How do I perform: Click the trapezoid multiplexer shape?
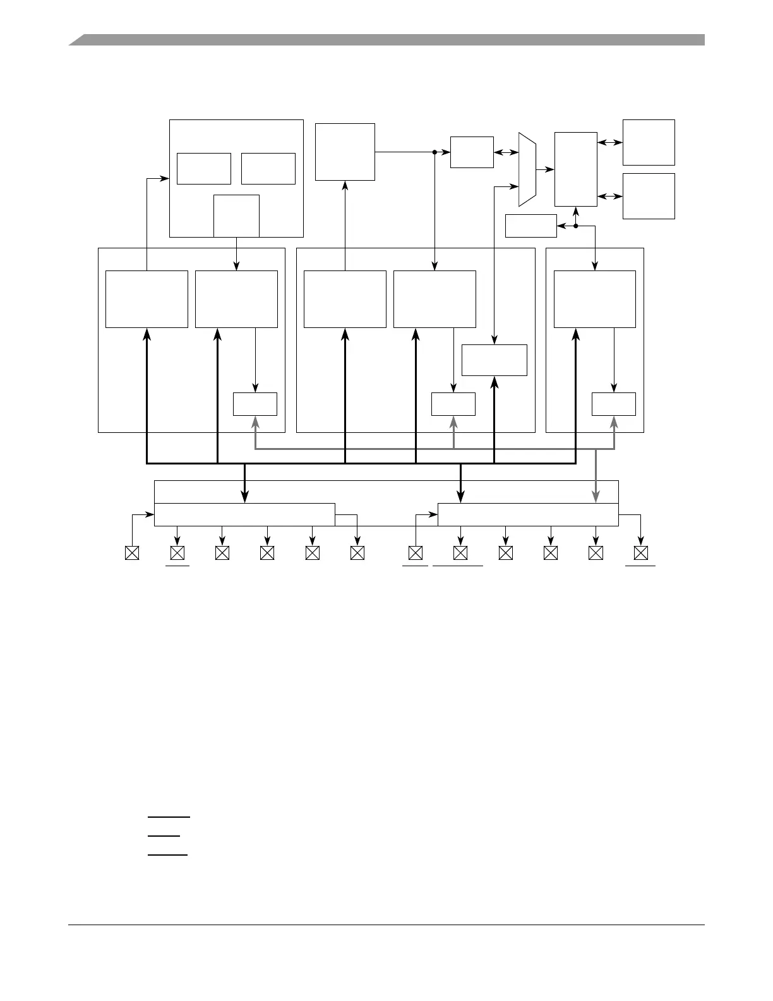click(527, 169)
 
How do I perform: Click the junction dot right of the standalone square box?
click(435, 152)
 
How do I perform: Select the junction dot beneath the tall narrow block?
click(575, 226)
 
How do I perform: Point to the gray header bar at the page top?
click(386, 40)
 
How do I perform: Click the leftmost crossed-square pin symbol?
click(132, 553)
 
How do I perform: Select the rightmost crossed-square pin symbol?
click(640, 553)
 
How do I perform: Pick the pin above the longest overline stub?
click(460, 553)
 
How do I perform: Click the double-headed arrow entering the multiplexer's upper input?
click(506, 152)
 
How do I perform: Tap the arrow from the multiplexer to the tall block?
click(545, 169)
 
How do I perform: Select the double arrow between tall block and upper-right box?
click(609, 143)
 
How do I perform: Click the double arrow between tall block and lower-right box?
click(609, 197)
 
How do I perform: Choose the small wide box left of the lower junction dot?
click(530, 226)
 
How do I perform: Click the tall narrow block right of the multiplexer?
click(575, 169)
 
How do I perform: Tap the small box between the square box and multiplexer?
click(472, 152)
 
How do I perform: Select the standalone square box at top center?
click(345, 152)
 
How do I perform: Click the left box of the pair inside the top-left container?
click(203, 169)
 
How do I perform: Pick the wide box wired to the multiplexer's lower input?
click(494, 360)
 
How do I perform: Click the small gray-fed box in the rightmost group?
click(613, 404)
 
